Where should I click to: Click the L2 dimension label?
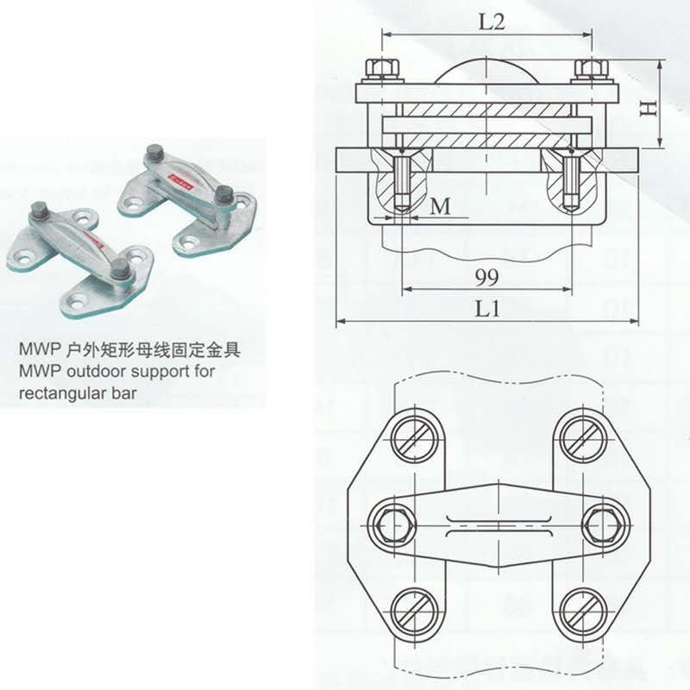491,22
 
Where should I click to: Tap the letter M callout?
441,207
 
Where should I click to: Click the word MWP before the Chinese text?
35,351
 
